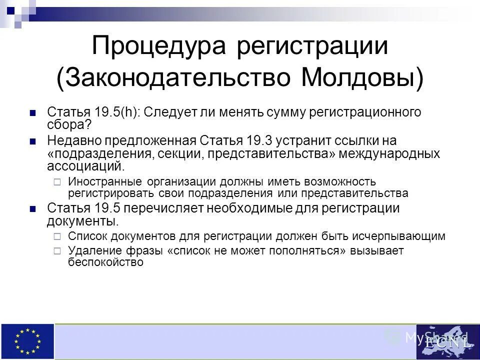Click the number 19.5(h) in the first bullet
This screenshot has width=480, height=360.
116,112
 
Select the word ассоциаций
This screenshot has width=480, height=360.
83,166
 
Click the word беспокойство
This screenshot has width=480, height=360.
105,262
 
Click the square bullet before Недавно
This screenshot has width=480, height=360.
33,141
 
